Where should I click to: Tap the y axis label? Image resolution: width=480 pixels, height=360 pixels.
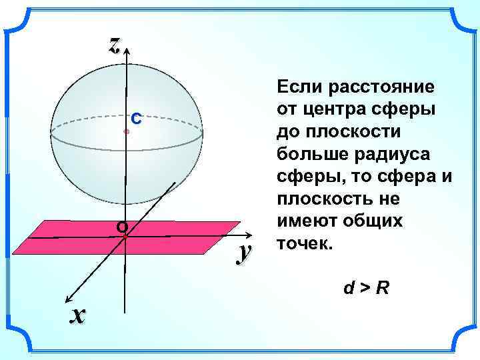(245, 251)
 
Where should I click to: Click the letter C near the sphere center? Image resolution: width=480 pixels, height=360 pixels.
(135, 119)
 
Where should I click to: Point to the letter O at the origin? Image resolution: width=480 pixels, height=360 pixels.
(121, 227)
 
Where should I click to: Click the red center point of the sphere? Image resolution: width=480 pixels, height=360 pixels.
(125, 132)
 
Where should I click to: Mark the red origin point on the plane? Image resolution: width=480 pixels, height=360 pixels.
(125, 237)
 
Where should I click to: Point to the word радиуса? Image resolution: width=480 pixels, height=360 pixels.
(389, 153)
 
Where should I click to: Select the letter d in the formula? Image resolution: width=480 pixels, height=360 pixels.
(349, 289)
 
